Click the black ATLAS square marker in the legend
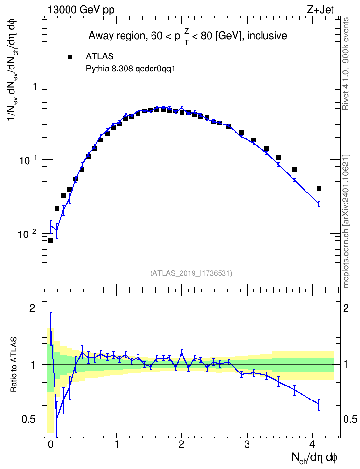coord(70,57)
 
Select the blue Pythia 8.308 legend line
coord(70,69)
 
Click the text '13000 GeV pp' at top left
coord(81,10)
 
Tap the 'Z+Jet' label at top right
coord(320,10)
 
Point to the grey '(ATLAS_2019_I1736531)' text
coord(191,273)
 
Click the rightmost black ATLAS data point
coord(318,188)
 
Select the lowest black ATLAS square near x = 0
coord(51,241)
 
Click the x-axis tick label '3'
coord(247,444)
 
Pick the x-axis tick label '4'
coord(312,444)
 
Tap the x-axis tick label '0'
coord(51,444)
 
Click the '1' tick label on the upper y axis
coord(35,86)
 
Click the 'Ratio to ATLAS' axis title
coord(14,365)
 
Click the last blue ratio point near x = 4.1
coord(319,404)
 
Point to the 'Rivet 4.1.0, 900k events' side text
coord(346,64)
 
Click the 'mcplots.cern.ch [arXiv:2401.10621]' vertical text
coord(346,221)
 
